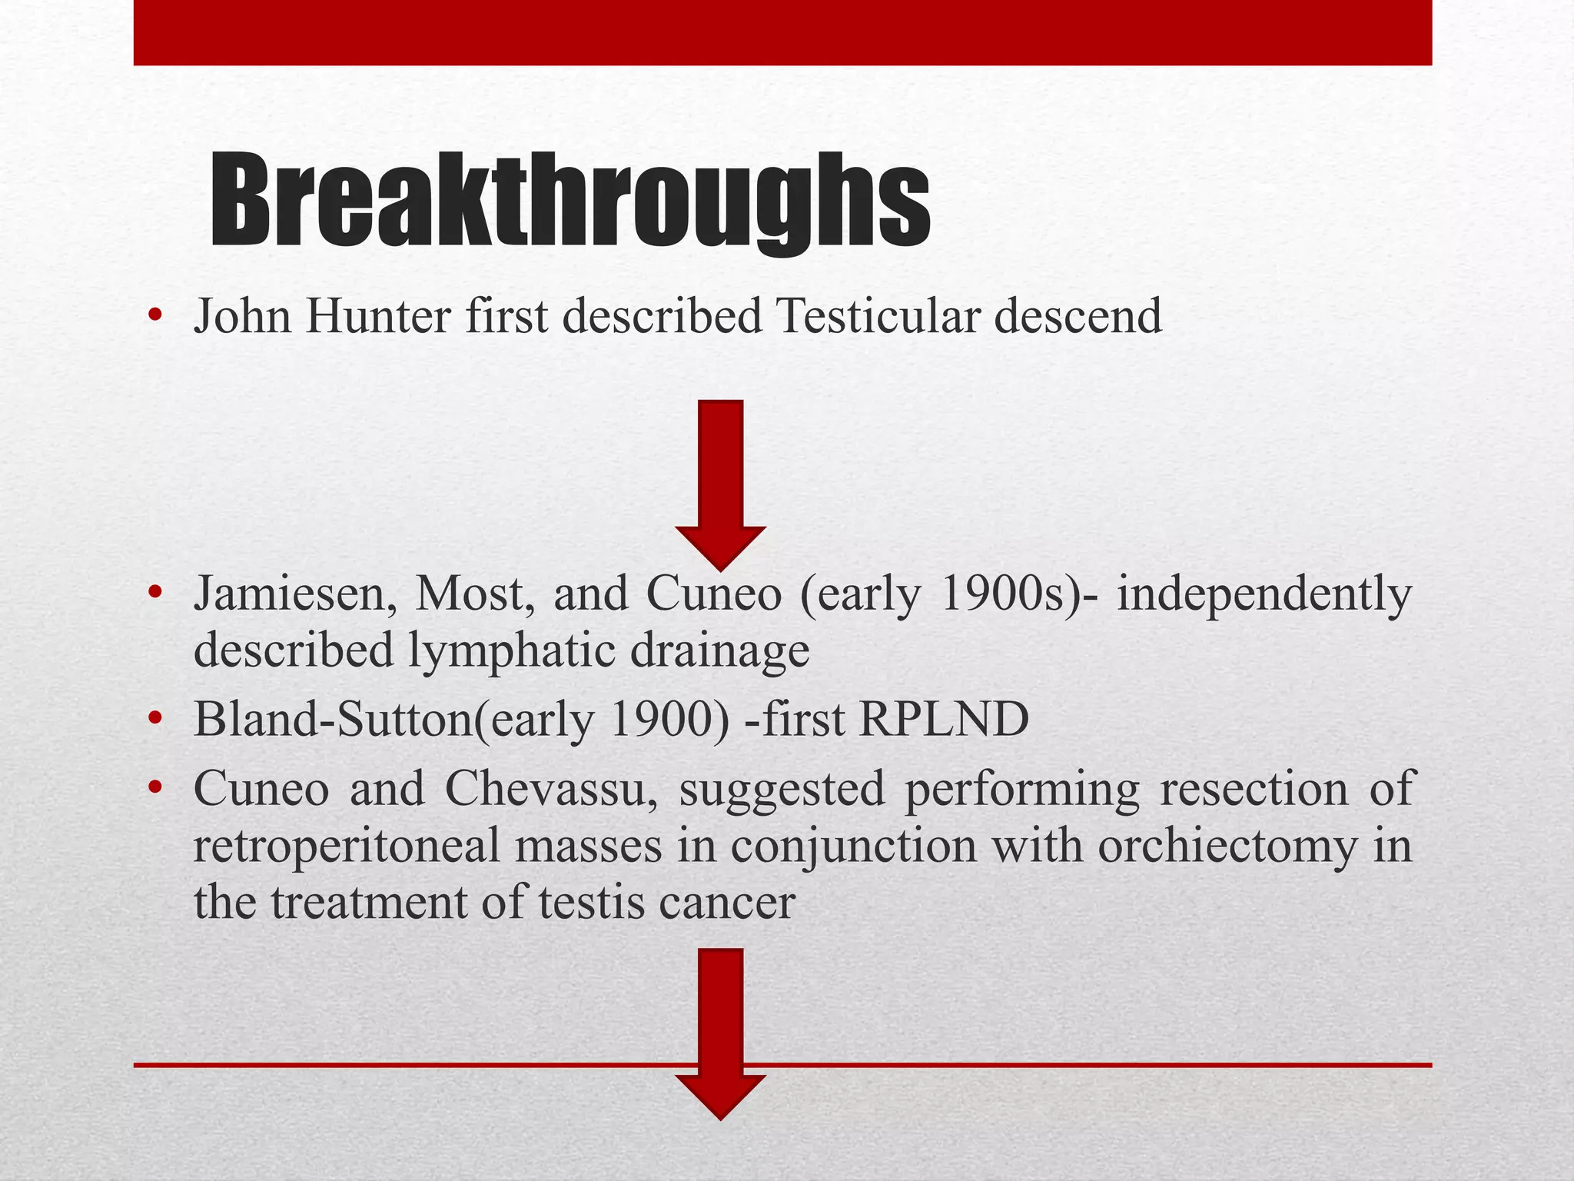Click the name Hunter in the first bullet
coord(377,316)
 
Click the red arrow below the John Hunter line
coord(720,484)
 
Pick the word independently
coord(1264,594)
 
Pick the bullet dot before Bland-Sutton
coord(155,719)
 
